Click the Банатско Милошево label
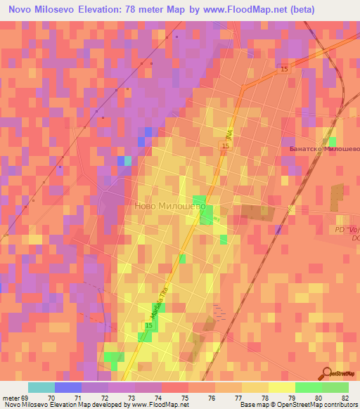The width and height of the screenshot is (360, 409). (x=324, y=149)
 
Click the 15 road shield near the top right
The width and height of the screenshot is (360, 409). (x=283, y=69)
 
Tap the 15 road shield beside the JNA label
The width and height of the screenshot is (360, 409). (x=223, y=145)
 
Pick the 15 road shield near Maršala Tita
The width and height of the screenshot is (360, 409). (x=149, y=327)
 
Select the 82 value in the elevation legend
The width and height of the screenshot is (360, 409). (x=345, y=397)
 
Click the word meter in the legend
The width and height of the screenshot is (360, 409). (x=9, y=397)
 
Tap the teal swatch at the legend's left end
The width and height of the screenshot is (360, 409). (x=41, y=387)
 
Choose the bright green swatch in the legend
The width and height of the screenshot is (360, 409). (x=309, y=387)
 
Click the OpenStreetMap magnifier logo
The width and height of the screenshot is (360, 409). (x=326, y=373)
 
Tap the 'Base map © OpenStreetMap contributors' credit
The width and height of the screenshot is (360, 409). (x=298, y=405)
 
